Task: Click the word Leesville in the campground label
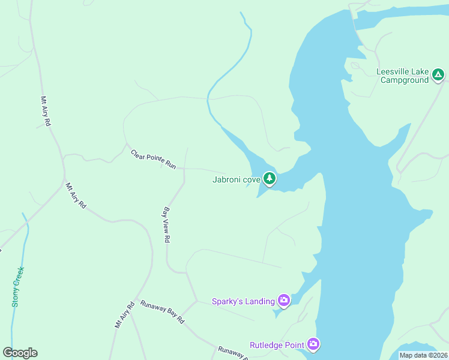[x=393, y=72]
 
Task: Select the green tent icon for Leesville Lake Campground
[x=438, y=75]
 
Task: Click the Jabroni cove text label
[x=237, y=179]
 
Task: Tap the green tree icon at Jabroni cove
[x=270, y=178]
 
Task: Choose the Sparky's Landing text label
[x=243, y=301]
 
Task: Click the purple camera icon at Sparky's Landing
[x=283, y=301]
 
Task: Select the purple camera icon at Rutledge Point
[x=313, y=344]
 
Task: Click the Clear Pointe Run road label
[x=154, y=159]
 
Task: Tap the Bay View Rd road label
[x=167, y=225]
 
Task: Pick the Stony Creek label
[x=17, y=287]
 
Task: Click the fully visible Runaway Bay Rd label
[x=162, y=313]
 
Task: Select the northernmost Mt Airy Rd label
[x=45, y=112]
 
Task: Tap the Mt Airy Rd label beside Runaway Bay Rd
[x=124, y=314]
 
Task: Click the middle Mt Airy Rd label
[x=76, y=196]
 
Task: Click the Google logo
[x=20, y=353]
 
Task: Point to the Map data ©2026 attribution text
[x=423, y=355]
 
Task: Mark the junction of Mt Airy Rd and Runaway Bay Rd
[x=136, y=299]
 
